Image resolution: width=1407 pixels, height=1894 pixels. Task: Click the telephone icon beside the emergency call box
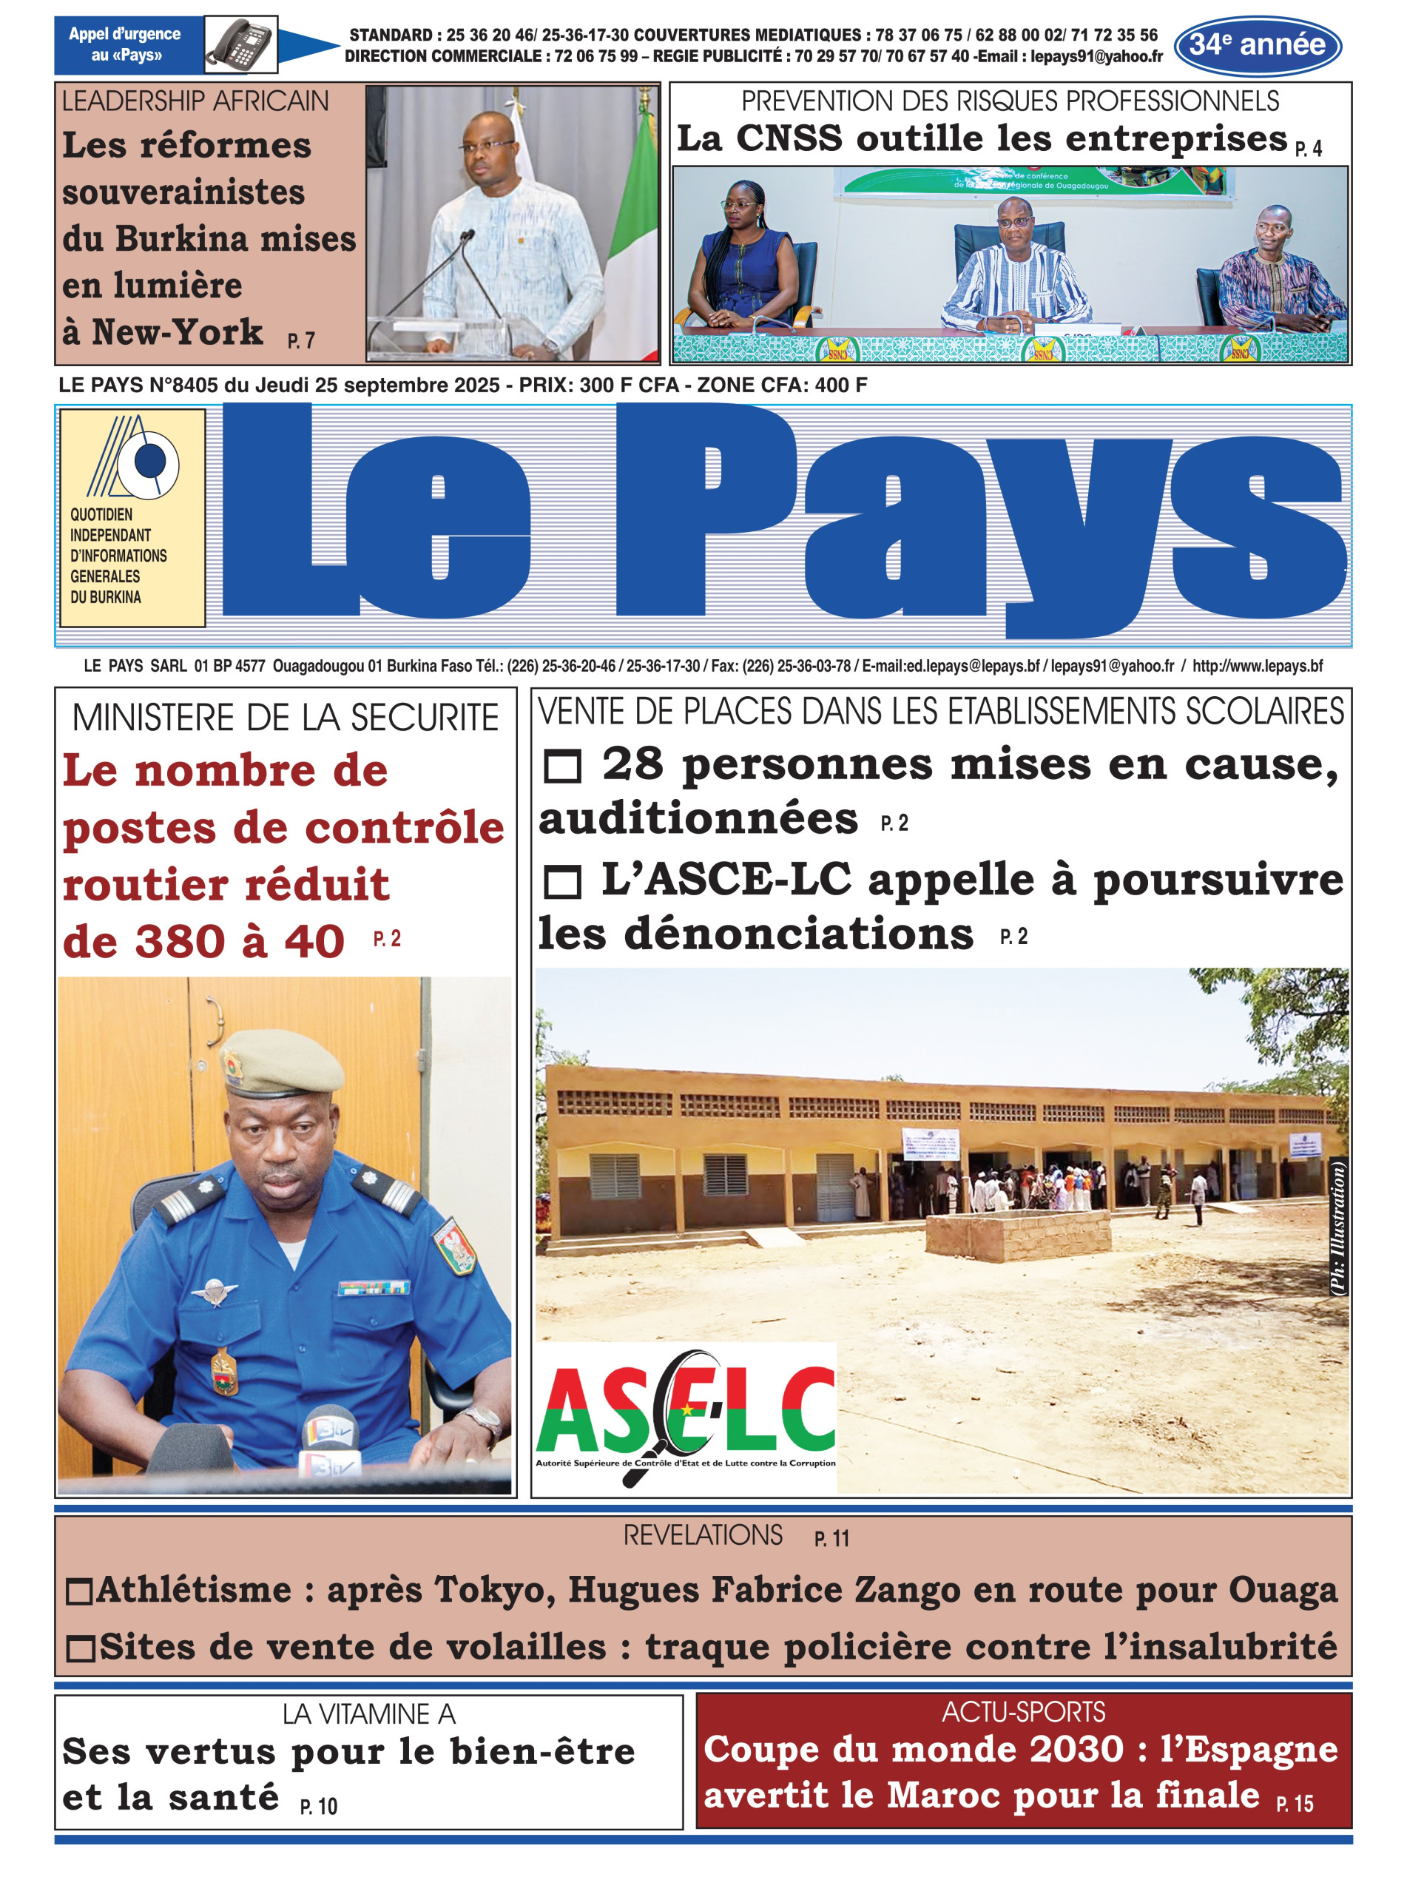point(241,44)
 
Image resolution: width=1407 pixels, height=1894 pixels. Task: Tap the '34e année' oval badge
point(1257,45)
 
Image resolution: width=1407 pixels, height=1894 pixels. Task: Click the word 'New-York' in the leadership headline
point(177,332)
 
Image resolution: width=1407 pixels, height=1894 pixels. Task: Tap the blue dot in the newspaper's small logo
point(151,461)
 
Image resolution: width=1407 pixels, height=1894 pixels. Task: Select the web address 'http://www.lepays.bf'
point(1257,666)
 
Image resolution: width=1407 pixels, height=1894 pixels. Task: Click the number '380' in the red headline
point(178,942)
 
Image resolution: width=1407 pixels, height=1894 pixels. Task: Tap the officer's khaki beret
point(283,1061)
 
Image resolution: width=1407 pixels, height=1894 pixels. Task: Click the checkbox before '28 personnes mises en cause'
point(562,766)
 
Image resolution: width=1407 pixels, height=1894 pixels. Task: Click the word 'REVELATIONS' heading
point(703,1535)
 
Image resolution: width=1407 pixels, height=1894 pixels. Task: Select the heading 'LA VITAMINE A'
point(369,1713)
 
